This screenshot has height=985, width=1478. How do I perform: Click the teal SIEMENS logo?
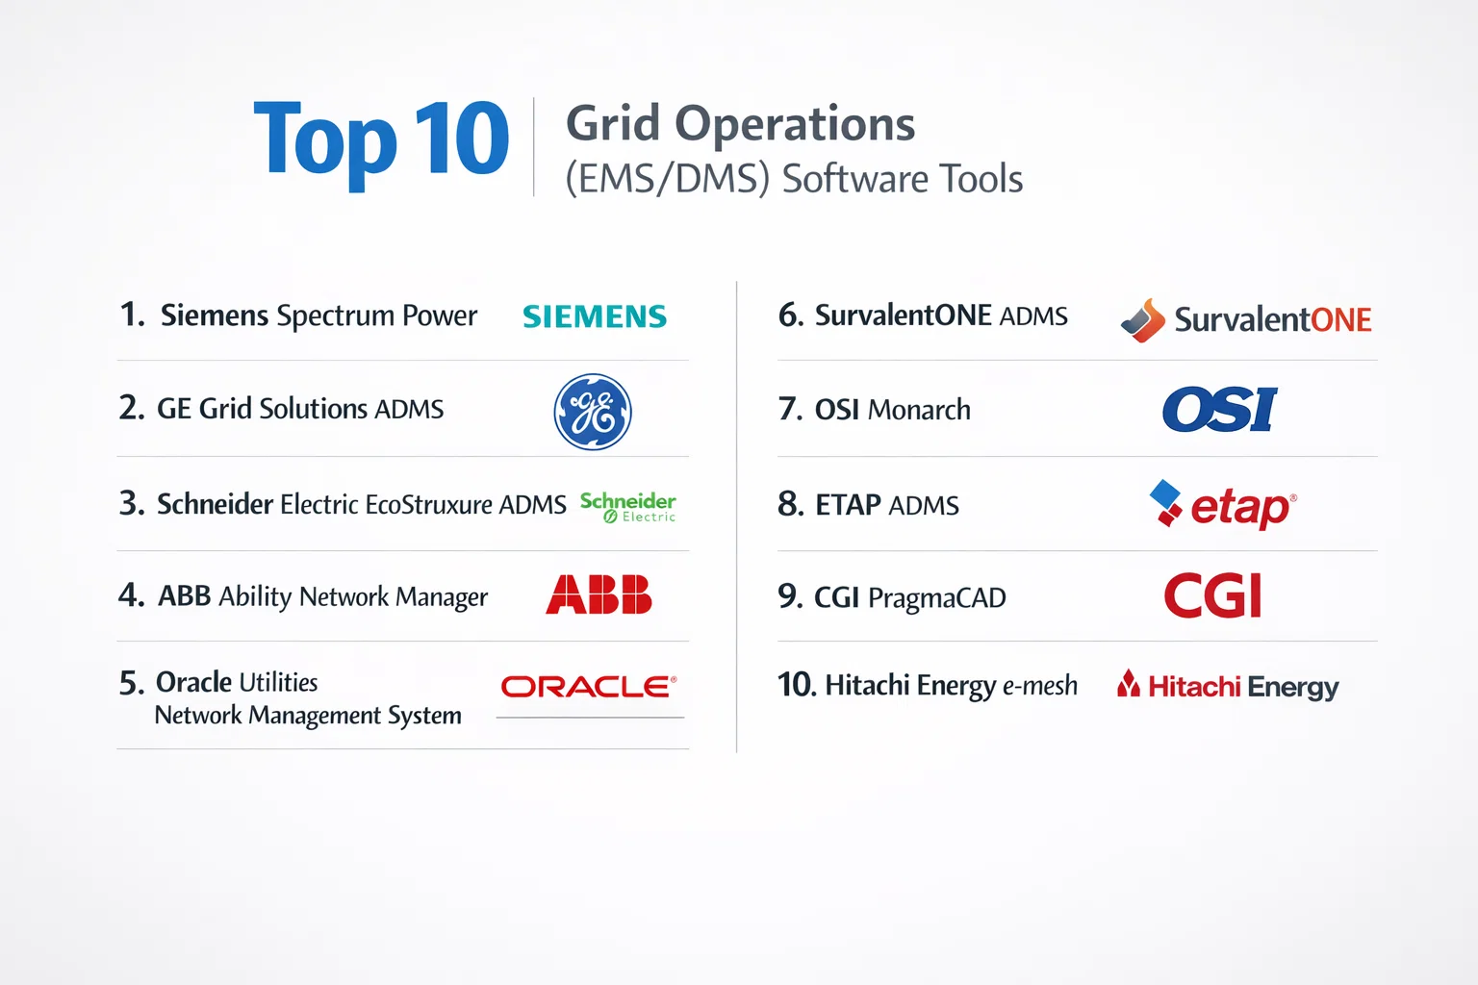595,316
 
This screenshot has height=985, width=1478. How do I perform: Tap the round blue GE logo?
593,412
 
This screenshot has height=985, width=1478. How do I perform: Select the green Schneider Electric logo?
628,507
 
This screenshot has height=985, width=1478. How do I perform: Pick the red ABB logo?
599,594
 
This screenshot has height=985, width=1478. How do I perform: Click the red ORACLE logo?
589,687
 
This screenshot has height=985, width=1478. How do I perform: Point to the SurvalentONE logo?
1246,320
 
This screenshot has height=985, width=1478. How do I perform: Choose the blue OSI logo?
1220,410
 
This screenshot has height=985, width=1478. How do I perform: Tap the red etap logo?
1223,505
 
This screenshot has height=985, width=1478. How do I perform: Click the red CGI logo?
1212,595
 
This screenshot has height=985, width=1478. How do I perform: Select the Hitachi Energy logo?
1228,686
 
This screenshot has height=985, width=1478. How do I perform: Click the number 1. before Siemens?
132,315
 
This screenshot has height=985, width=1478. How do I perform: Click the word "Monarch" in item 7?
919,411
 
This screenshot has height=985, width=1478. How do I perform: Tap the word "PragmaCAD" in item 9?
937,598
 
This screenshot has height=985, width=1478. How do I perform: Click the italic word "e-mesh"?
1040,686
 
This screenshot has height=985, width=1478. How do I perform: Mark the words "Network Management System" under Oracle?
308,716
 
